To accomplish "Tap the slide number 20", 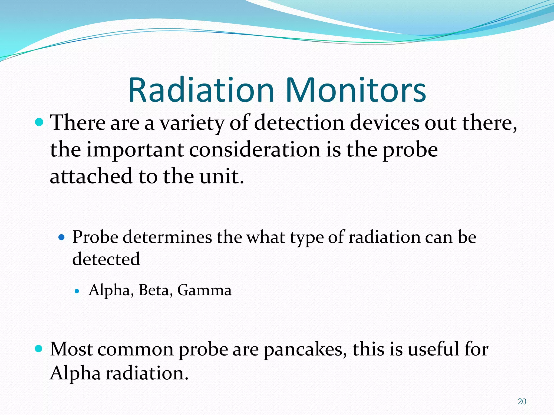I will (522, 401).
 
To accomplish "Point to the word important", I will (135, 150).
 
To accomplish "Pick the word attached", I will (91, 176).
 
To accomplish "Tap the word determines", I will (167, 237).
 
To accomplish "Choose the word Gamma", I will (204, 290).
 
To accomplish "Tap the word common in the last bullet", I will (135, 349).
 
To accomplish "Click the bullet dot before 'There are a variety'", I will (39, 122).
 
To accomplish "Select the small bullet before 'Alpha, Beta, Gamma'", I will (77, 291).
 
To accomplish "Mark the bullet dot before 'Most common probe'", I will (39, 349).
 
